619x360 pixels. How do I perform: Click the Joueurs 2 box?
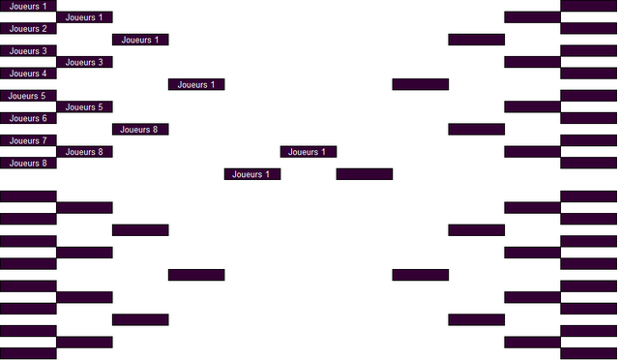point(28,28)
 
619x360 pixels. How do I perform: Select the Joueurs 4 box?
point(28,74)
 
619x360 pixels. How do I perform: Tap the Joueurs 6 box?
point(28,118)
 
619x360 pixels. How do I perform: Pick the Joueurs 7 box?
point(28,140)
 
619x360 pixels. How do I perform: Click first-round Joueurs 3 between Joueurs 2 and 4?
point(28,51)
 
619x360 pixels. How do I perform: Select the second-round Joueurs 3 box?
point(84,62)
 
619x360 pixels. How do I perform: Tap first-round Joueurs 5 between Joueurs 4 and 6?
point(28,96)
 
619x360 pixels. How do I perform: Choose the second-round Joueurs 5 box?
point(84,106)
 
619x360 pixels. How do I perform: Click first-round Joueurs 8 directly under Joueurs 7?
point(28,163)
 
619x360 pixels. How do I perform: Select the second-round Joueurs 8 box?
point(84,151)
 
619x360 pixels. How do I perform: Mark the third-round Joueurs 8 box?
point(140,129)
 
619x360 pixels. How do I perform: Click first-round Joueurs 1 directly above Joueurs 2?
point(28,6)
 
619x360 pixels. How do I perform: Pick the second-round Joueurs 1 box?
point(84,17)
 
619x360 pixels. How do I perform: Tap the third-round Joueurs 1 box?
point(140,40)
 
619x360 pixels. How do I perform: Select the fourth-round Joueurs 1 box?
point(196,84)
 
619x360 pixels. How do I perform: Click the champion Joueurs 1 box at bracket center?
point(309,151)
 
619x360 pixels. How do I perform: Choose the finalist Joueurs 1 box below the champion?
point(252,174)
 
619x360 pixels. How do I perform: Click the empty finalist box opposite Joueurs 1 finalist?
point(365,174)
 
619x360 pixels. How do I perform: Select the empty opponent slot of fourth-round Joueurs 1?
point(196,275)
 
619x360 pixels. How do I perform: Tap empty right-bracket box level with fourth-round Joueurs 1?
point(421,84)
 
